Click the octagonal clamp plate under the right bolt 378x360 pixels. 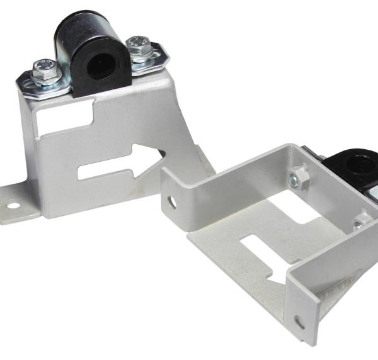pos(149,59)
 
